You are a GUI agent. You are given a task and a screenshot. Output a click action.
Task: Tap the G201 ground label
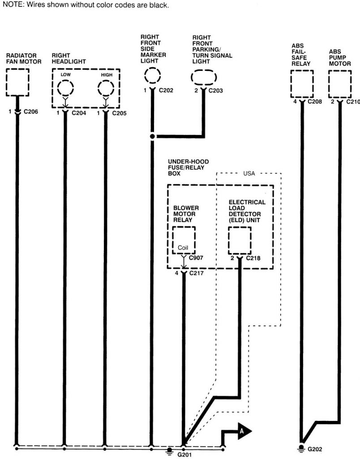pos(184,454)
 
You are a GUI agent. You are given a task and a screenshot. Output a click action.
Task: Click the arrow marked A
pos(242,431)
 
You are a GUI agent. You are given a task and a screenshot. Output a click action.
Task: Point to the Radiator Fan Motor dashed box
pos(17,82)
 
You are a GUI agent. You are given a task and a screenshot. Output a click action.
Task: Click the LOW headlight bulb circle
pos(66,87)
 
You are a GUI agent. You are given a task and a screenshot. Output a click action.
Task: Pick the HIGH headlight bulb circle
pos(106,87)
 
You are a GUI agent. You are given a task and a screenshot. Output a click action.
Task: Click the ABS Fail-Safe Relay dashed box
pos(302,84)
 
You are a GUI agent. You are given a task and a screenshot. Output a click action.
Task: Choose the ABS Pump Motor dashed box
pos(340,84)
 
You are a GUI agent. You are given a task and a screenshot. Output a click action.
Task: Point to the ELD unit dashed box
pos(240,240)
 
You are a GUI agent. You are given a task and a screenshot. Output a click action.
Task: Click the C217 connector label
pos(197,273)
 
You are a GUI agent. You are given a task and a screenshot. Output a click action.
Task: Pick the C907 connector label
pos(197,258)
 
